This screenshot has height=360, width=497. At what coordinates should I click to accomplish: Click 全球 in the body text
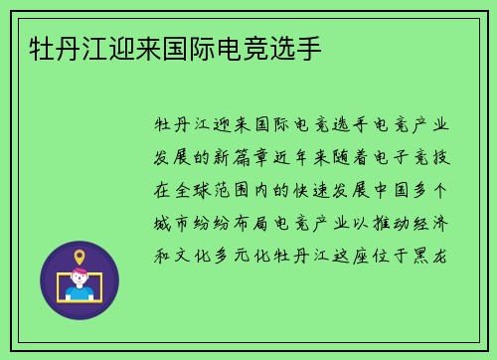195,189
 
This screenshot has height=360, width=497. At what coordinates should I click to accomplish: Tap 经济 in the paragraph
440,222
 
